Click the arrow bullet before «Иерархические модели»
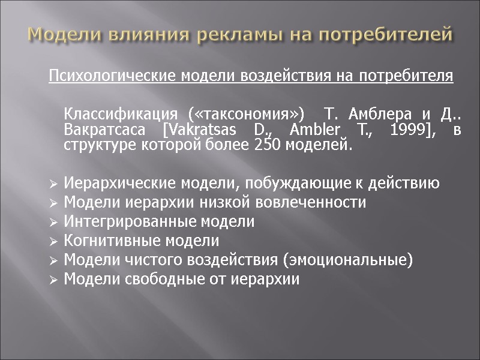pyautogui.click(x=54, y=183)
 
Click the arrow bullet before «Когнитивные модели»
pyautogui.click(x=54, y=241)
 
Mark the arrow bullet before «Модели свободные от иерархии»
pyautogui.click(x=54, y=280)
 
